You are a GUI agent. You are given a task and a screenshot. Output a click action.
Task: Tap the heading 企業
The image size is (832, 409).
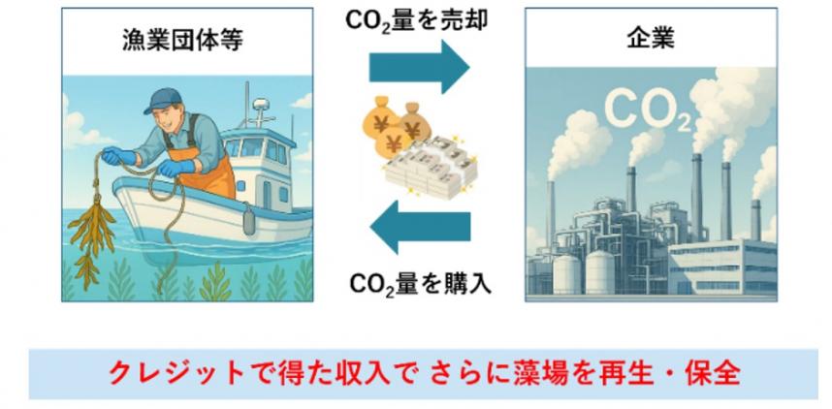coord(651,39)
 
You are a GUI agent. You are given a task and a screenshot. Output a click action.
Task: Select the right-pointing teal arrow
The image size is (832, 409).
coord(419,67)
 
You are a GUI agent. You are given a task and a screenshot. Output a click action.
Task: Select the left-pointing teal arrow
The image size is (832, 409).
coord(420,227)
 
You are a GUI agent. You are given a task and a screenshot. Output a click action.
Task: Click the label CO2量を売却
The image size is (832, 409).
coord(416,20)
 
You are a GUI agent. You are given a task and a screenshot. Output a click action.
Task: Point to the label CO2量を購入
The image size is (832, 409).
coord(420,284)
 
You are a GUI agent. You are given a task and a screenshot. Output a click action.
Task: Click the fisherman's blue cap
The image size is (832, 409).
coord(164,100)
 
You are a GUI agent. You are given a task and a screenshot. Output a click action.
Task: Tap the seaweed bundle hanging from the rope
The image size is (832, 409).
coord(92,233)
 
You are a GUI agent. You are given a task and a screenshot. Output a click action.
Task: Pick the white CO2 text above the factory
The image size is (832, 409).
coord(648,111)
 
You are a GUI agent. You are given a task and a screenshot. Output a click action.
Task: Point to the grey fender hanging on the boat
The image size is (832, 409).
coord(249,220)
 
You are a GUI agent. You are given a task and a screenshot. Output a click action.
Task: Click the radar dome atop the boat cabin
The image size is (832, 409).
coord(261,104)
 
